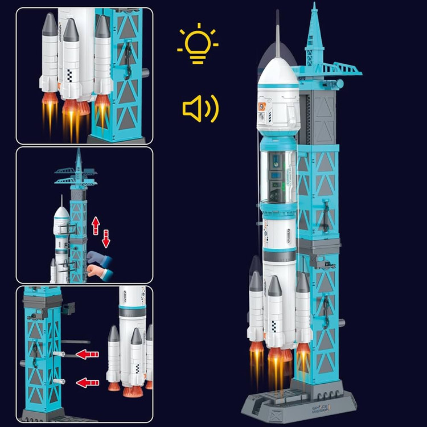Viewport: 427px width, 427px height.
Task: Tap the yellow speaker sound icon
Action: point(200,108)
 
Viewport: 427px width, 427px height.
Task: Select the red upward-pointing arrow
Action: point(96,225)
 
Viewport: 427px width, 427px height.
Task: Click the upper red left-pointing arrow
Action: point(87,354)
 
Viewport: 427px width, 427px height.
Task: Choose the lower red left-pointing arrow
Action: point(87,381)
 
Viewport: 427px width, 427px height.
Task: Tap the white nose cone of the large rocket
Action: point(278,74)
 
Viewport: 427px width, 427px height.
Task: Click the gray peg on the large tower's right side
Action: point(342,323)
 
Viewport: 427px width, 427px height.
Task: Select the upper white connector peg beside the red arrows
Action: point(57,354)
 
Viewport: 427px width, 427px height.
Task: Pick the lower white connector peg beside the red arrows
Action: point(57,381)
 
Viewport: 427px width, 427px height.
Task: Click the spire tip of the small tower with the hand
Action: point(78,151)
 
